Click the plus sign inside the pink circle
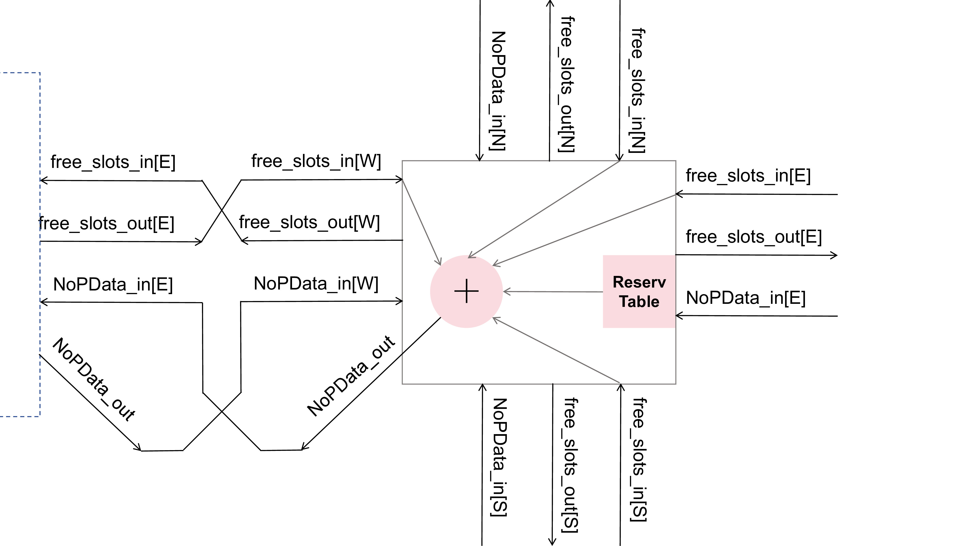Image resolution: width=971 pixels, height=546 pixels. tap(466, 291)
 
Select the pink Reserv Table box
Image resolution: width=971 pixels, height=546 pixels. tap(639, 291)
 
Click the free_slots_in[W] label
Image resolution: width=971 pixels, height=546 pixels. tap(316, 161)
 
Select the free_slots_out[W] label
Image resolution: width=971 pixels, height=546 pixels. tap(309, 222)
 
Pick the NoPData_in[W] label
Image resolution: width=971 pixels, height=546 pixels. tap(316, 283)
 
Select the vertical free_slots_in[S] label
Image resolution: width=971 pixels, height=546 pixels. tap(639, 460)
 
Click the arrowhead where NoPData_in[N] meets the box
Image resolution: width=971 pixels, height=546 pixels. tap(479, 158)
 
